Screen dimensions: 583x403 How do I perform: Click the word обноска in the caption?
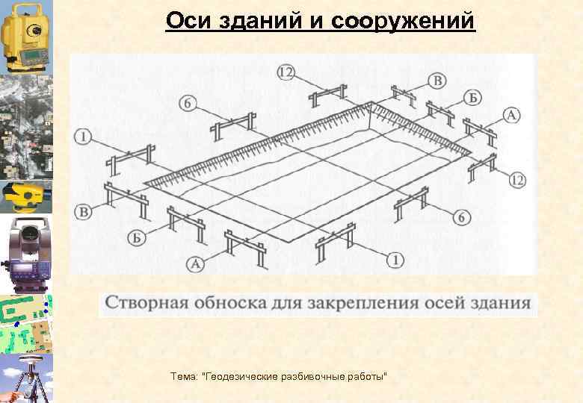click(x=226, y=303)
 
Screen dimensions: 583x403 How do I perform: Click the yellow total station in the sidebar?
click(x=26, y=36)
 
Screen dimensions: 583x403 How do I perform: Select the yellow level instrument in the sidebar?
click(x=26, y=196)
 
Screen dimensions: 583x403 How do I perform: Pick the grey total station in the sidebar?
click(x=26, y=254)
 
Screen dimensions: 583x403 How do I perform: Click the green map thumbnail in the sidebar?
click(x=26, y=323)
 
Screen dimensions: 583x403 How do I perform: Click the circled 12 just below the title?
click(x=285, y=72)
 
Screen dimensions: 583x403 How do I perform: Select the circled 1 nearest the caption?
click(x=395, y=260)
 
